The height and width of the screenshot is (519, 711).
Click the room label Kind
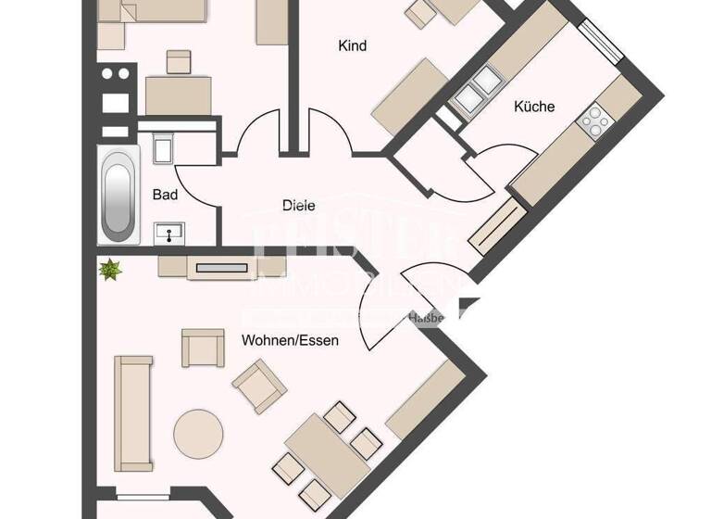tap(353, 45)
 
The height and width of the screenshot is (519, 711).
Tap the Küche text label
tap(534, 107)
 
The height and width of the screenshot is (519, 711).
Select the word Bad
tap(165, 195)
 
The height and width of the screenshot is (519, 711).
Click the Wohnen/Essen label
tap(290, 340)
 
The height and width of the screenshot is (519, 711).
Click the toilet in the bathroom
tap(161, 149)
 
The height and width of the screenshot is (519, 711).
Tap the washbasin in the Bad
tap(169, 232)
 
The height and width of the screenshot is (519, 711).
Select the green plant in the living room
tap(111, 270)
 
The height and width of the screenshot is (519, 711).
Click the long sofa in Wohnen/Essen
tap(132, 412)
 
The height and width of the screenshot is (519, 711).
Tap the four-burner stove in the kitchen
tap(592, 119)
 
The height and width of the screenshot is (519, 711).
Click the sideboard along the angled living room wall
tap(425, 400)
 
